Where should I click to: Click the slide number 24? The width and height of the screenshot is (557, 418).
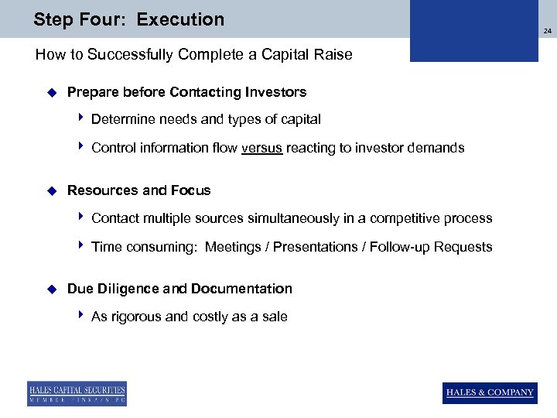point(547,32)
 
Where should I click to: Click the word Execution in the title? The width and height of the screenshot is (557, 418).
point(180,19)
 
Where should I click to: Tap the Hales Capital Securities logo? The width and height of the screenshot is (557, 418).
point(77,393)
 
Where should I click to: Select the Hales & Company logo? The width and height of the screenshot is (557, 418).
point(490,392)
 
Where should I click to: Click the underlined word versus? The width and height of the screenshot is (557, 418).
point(261,148)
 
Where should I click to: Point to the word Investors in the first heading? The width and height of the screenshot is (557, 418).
point(276,92)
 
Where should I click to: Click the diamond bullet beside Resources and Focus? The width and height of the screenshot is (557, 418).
point(52,190)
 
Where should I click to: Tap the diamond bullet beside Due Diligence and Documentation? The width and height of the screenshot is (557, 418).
point(52,289)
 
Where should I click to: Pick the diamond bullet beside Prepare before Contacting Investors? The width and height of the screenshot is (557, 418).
point(52,92)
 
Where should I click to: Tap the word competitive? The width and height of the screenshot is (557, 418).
point(411,218)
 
